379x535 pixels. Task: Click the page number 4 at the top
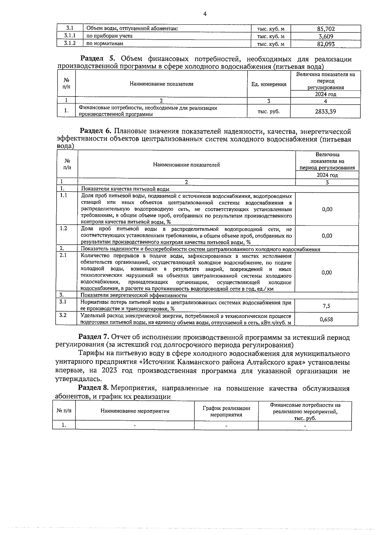pos(205,14)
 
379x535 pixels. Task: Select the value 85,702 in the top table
pos(326,29)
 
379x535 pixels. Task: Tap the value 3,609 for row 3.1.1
pos(326,36)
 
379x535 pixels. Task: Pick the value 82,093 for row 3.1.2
pos(326,44)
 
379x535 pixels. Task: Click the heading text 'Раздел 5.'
pos(99,59)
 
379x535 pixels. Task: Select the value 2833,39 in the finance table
pos(325,111)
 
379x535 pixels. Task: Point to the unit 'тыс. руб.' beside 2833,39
pos(268,111)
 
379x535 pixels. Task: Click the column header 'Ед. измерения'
pos(269,84)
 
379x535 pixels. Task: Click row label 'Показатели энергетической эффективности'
pos(134,296)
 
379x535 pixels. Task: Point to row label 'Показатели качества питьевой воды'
pos(125,189)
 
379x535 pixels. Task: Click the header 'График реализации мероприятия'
pos(226,411)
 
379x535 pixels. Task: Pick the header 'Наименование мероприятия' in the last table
pos(135,411)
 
